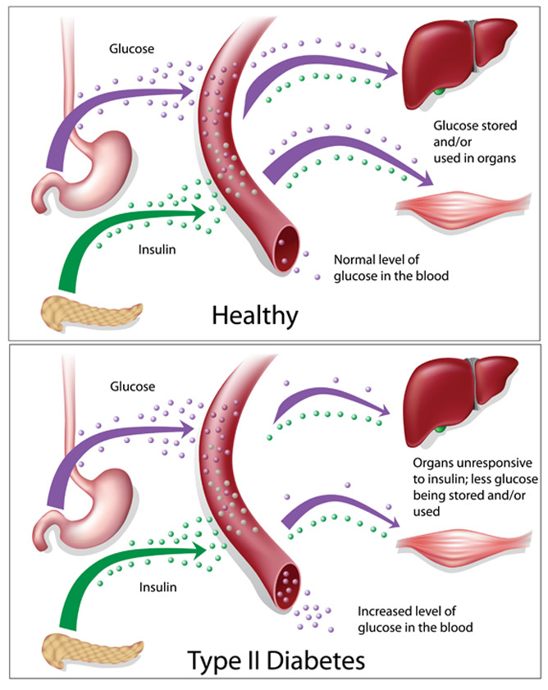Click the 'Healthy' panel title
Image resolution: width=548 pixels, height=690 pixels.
tap(255, 316)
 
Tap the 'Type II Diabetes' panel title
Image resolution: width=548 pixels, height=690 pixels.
tap(276, 660)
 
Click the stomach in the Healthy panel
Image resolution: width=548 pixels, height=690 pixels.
tap(88, 171)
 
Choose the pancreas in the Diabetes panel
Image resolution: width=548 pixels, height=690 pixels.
tap(93, 651)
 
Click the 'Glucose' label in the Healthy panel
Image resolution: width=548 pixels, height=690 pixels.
tap(131, 48)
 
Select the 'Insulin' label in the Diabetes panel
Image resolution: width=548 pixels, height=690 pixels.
tap(158, 587)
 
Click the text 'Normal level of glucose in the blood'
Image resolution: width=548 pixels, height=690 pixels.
tap(390, 267)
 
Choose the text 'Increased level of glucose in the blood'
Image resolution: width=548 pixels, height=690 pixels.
tap(415, 619)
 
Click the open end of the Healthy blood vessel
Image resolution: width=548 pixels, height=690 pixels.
tap(286, 249)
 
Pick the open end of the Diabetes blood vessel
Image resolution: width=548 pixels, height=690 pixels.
tap(287, 587)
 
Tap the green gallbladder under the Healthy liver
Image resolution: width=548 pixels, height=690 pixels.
tap(439, 92)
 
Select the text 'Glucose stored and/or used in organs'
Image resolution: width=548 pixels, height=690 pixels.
tap(475, 142)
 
